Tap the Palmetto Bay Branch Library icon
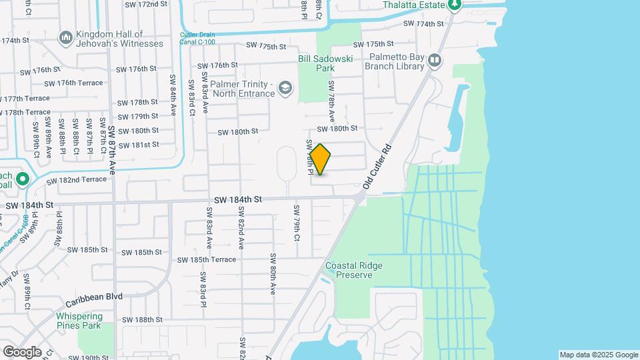click(435, 61)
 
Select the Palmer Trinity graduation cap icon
click(285, 88)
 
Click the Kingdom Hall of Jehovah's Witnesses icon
click(65, 39)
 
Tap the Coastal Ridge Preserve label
click(354, 270)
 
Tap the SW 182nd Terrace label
click(76, 180)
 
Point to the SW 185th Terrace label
click(206, 259)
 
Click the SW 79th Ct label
click(297, 222)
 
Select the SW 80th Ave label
click(273, 273)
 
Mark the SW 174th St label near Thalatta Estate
click(425, 24)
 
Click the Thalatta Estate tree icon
click(455, 5)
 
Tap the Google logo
click(21, 352)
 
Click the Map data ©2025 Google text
click(598, 355)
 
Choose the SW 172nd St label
click(145, 4)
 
